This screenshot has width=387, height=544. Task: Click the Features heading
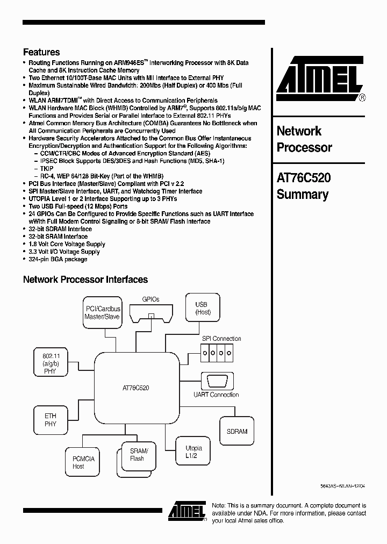pyautogui.click(x=41, y=52)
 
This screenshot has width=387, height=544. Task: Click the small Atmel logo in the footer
pyautogui.click(x=187, y=511)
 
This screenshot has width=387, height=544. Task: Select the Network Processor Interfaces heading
pyautogui.click(x=85, y=280)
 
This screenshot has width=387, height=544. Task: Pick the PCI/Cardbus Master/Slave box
pyautogui.click(x=103, y=313)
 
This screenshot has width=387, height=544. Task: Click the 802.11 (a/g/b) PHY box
pyautogui.click(x=50, y=363)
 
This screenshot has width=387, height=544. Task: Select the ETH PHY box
pyautogui.click(x=50, y=420)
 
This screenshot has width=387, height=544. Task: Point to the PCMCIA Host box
pyautogui.click(x=83, y=462)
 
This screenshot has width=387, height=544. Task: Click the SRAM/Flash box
pyautogui.click(x=137, y=454)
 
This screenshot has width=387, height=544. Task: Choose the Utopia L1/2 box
pyautogui.click(x=193, y=452)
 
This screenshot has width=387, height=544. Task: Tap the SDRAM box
pyautogui.click(x=237, y=431)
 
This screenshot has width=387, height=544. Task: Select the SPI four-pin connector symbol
pyautogui.click(x=217, y=353)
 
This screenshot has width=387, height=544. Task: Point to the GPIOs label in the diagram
pyautogui.click(x=150, y=299)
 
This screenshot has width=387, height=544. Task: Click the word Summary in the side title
pyautogui.click(x=302, y=195)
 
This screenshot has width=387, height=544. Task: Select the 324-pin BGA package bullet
pyautogui.click(x=58, y=259)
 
